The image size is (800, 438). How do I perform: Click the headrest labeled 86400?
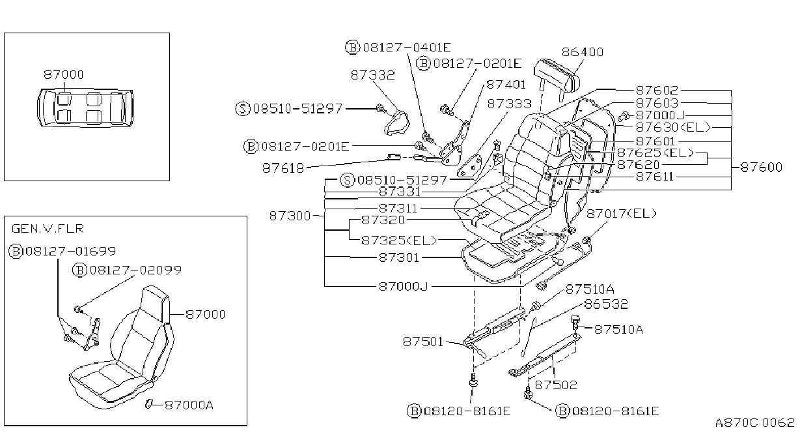[557, 78]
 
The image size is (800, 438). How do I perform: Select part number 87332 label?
[372, 75]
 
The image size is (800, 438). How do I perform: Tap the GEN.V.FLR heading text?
[48, 229]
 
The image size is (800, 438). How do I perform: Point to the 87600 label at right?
[762, 167]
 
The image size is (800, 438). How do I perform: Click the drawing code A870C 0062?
[754, 422]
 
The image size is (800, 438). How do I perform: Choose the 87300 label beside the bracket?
[290, 216]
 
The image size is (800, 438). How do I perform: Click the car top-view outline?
[85, 108]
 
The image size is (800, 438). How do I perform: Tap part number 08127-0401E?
[407, 47]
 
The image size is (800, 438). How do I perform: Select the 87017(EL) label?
[622, 213]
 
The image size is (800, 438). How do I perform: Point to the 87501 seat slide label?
[423, 342]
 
